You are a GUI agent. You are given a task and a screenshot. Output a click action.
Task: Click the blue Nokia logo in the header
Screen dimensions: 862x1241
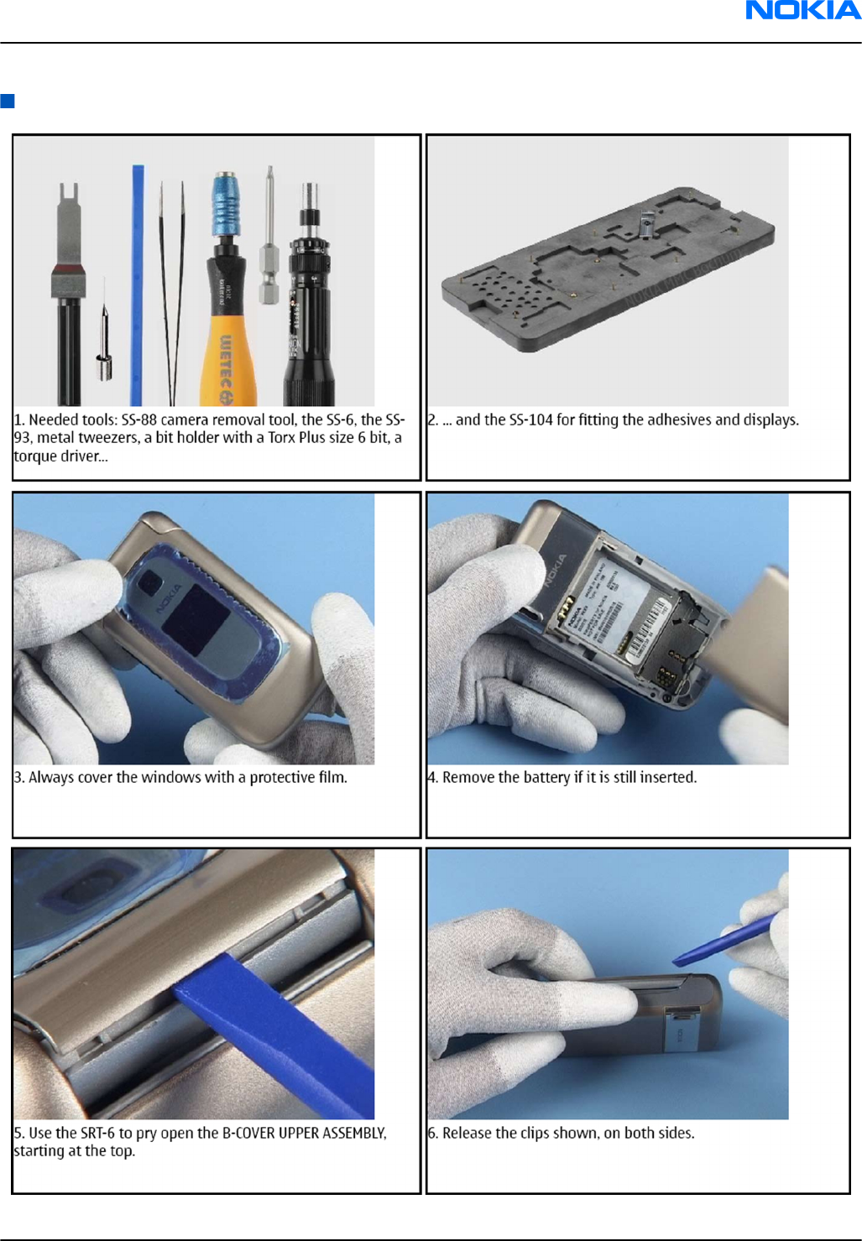(x=803, y=10)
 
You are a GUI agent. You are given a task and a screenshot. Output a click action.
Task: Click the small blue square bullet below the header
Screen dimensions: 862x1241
(x=8, y=101)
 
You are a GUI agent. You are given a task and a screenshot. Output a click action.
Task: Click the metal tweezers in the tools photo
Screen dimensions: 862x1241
(x=172, y=293)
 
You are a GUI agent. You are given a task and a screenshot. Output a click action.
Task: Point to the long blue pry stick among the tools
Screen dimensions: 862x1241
(x=137, y=284)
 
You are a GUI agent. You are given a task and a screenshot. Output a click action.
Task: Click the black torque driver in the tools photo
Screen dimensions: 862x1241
(x=310, y=294)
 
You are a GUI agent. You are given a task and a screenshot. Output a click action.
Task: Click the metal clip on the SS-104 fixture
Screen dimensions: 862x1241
(x=646, y=225)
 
